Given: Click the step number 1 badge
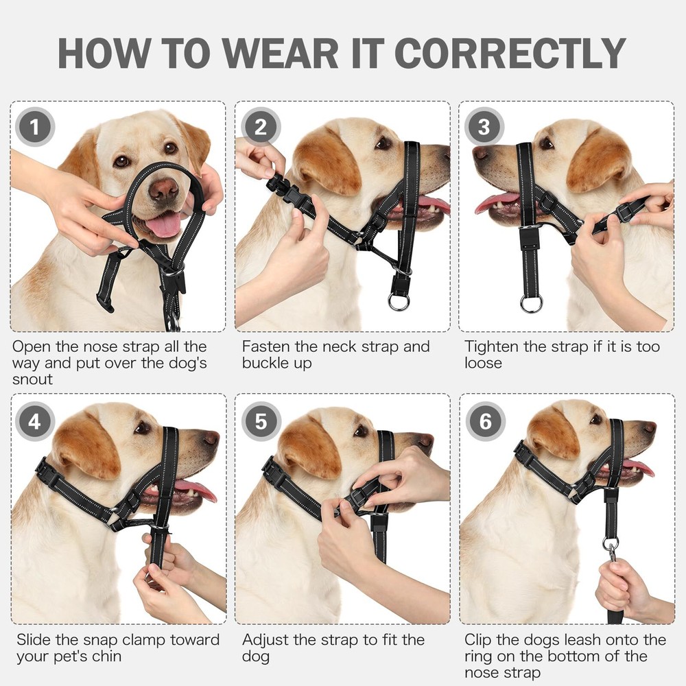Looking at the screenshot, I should click(x=34, y=127).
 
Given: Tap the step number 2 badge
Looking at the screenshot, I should click(x=260, y=127).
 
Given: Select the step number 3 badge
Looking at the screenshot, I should click(x=484, y=127).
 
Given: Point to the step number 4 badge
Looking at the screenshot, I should click(x=34, y=421).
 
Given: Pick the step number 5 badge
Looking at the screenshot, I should click(x=260, y=421).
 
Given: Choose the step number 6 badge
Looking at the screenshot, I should click(x=485, y=421).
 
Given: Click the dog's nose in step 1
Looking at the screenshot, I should click(x=164, y=189).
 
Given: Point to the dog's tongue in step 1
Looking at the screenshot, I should click(x=163, y=225).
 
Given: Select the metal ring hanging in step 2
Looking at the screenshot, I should click(x=399, y=302).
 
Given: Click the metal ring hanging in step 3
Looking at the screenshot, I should click(x=530, y=303).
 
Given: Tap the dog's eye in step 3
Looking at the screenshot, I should click(x=546, y=143).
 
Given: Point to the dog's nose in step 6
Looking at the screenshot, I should click(x=648, y=427).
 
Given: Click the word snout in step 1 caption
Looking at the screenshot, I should click(x=33, y=380).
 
